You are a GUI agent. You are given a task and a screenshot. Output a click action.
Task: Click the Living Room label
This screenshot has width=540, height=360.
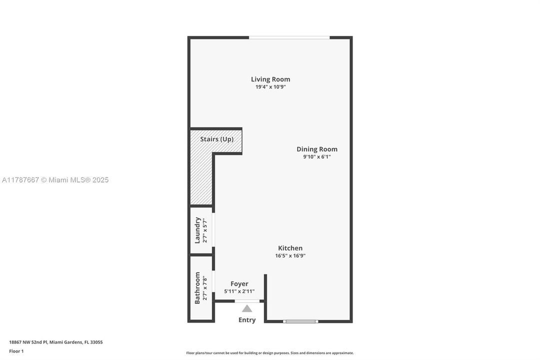coord(270,79)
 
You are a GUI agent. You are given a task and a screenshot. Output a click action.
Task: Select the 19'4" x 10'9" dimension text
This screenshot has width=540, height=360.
coord(270,87)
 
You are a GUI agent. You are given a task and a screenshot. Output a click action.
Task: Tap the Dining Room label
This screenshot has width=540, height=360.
coord(317,149)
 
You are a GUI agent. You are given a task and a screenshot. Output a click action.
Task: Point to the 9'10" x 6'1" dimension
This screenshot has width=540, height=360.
coord(317,156)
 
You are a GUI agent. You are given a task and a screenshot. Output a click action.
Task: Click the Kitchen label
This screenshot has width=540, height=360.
coord(290,248)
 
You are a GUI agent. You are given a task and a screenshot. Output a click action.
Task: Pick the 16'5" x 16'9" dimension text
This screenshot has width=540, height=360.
coord(290,255)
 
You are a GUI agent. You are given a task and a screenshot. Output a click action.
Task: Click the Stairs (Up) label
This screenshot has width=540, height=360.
coord(217,139)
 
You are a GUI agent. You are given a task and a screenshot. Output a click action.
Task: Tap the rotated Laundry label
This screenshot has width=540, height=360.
coord(197,230)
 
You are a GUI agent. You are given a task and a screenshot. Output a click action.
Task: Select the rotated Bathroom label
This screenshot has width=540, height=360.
coord(197,288)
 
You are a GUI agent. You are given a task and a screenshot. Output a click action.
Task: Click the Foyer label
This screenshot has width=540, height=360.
coord(239,283)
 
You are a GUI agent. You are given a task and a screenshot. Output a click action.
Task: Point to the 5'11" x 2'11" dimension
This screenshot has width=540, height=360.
coord(239,291)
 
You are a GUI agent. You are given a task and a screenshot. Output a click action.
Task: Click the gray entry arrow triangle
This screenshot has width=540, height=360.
coord(247,308)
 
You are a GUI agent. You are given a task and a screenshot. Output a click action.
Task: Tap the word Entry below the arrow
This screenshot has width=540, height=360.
coord(247,320)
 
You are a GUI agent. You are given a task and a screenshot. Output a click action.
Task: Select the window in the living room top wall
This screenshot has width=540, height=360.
coord(289,37)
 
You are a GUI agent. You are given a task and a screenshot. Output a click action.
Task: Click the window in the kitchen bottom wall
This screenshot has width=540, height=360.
coord(300,321)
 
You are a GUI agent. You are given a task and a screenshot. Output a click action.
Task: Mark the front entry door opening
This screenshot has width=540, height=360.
coord(247,301)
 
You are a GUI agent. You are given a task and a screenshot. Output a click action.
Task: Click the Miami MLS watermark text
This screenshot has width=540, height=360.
coord(55,180)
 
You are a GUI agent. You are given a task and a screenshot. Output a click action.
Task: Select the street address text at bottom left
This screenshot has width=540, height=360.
coord(56,342)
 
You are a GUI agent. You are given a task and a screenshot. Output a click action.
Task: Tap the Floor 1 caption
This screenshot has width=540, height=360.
coord(16,351)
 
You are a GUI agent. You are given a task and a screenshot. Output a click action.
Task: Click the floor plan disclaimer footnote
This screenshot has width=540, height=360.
coord(270,353)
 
